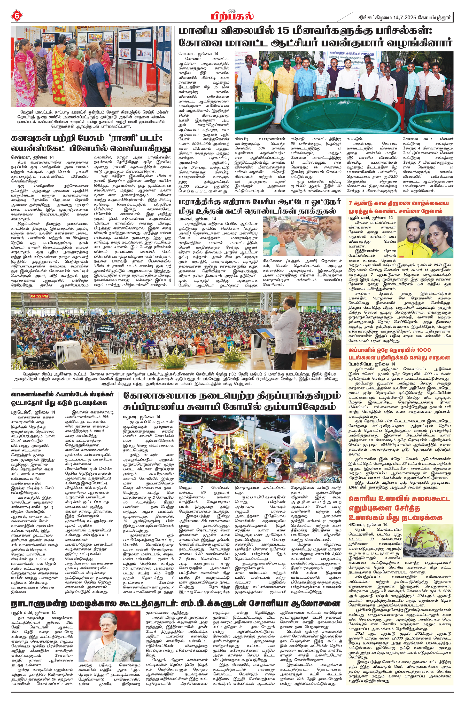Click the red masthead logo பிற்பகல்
pyautogui.click(x=232, y=15)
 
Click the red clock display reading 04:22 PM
pyautogui.click(x=40, y=296)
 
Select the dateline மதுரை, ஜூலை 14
pyautogui.click(x=142, y=417)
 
